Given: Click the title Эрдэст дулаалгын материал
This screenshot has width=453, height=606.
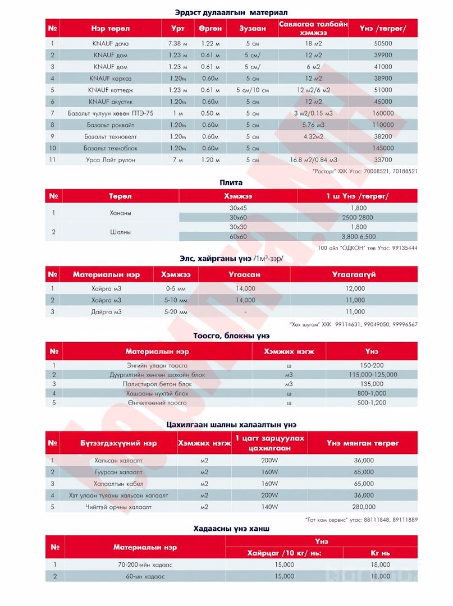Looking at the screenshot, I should tap(231, 12).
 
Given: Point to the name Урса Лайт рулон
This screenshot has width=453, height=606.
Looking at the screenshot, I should tap(110, 160).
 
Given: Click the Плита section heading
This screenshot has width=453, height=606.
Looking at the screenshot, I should tap(231, 182).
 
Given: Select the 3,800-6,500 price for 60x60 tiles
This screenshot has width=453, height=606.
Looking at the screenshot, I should tap(357, 236).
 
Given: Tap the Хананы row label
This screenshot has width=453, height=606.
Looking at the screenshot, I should tap(120, 213).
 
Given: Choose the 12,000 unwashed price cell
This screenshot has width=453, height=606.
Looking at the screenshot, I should tap(355, 288).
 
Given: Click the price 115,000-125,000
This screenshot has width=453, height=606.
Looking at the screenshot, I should tap(372, 374).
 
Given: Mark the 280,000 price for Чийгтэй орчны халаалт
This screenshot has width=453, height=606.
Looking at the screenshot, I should tap(364, 507).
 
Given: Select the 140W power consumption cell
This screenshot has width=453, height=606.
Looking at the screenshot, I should tap(269, 507).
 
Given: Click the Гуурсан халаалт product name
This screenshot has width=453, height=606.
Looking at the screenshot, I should tap(115, 472).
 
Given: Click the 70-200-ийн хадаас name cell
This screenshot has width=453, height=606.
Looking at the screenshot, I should tap(145, 564).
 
